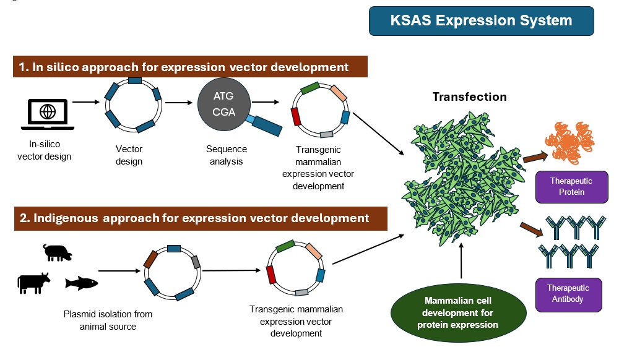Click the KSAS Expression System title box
pos(481,21)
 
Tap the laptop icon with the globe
pos(48,114)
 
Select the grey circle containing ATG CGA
pos(224,104)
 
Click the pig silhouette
pos(58,252)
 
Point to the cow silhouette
pos(33,283)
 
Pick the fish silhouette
pos(81,283)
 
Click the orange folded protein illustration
pos(569,143)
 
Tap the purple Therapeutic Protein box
pos(571,187)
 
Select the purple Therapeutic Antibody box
pos(568,294)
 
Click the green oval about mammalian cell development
pos(458,313)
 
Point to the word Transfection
pos(469,96)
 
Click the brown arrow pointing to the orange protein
pos(535,157)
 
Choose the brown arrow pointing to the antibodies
pos(531,229)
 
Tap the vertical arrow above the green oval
pos(461,260)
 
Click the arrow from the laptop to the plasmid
pos(86,102)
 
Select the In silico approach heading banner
pos(190,67)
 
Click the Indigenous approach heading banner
pos(201,218)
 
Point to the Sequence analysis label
pos(226,155)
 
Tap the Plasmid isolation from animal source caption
pos(108,320)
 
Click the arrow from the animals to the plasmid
pos(119,271)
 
